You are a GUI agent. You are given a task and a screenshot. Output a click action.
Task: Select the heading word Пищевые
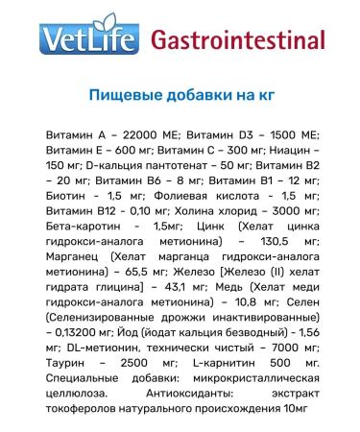[120, 95]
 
